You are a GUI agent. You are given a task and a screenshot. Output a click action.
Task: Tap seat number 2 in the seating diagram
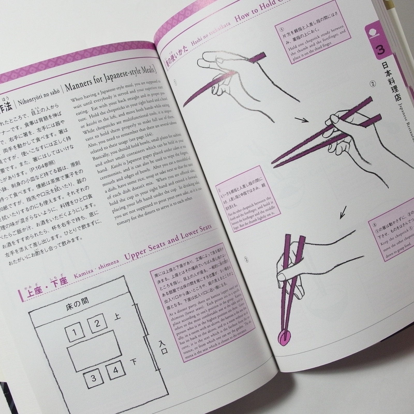tap(97, 323)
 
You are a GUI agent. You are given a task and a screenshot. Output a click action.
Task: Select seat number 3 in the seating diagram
tap(93, 378)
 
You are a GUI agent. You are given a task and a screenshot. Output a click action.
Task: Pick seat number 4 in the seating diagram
tap(116, 370)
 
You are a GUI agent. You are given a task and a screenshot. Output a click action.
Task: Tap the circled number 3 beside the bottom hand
tap(246, 259)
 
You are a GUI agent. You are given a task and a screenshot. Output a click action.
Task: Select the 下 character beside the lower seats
tap(134, 361)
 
